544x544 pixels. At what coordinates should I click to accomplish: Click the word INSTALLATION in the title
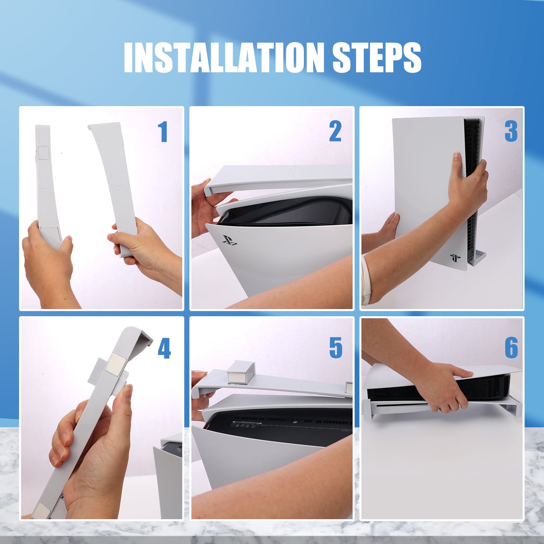click(x=224, y=57)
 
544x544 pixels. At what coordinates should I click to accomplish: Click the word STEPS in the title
click(x=376, y=57)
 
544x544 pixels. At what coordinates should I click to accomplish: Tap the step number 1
click(x=163, y=132)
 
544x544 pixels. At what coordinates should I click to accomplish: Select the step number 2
click(x=335, y=132)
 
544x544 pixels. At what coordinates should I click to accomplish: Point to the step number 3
click(x=511, y=132)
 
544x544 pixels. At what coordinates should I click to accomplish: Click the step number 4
click(x=164, y=348)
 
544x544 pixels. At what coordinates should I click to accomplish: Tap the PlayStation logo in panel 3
click(x=455, y=258)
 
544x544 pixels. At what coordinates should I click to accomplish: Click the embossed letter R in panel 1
click(x=120, y=187)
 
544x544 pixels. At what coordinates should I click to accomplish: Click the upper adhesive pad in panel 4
click(x=116, y=364)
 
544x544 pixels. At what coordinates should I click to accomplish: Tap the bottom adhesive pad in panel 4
click(x=41, y=511)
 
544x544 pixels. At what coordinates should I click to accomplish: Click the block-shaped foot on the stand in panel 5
click(x=240, y=372)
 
